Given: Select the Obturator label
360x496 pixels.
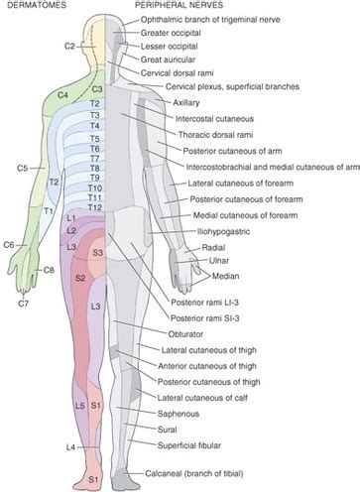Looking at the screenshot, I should click(179, 334).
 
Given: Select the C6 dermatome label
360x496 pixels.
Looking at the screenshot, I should click(9, 244).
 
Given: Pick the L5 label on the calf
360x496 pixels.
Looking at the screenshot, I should click(78, 406).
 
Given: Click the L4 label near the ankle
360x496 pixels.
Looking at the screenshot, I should click(43, 448).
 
